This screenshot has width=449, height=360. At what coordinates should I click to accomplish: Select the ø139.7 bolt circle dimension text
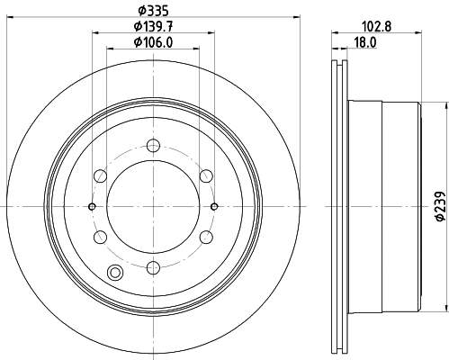(x=152, y=26)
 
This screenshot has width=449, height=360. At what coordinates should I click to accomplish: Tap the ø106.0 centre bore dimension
(x=152, y=41)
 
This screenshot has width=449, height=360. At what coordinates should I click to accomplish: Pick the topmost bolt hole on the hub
(x=153, y=144)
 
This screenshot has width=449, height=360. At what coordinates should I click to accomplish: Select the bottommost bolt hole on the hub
(x=153, y=266)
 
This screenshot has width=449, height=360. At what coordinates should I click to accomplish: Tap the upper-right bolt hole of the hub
(x=206, y=175)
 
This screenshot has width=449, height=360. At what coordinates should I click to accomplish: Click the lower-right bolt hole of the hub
(x=206, y=236)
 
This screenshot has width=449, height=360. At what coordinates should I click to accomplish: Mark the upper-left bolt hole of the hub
(x=100, y=175)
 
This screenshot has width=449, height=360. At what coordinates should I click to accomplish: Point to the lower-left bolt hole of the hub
(x=100, y=236)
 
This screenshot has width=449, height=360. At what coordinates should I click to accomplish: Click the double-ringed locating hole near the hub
(x=114, y=274)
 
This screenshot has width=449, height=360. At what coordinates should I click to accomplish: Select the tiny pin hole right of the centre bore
(x=213, y=205)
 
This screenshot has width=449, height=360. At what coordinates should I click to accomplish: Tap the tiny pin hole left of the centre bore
(x=93, y=205)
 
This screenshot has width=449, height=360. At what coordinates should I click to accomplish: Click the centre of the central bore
(x=153, y=205)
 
